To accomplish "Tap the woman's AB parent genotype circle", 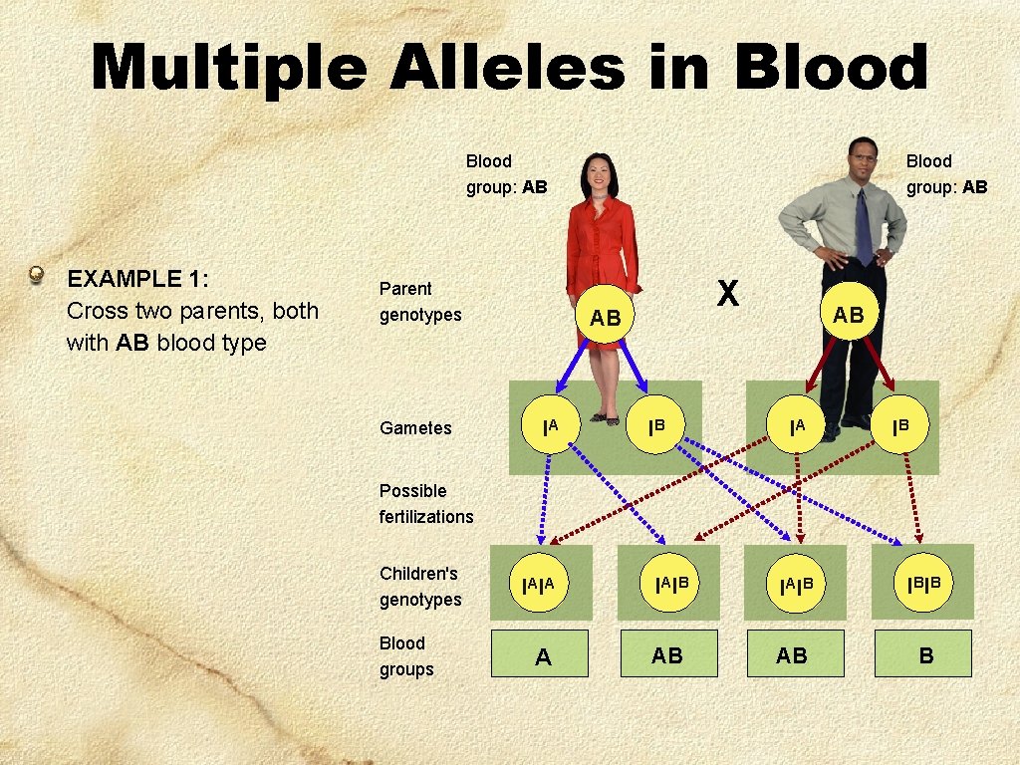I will tap(605, 318).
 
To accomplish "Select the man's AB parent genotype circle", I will tap(848, 315).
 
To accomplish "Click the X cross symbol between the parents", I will tap(728, 292).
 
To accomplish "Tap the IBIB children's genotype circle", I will tap(923, 582).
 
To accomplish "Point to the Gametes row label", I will tap(415, 428).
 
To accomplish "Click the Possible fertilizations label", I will tap(426, 504).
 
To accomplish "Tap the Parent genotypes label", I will tap(420, 302).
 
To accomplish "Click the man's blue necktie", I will tap(863, 227).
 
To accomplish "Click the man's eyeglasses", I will tap(864, 156).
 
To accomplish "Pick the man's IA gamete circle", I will tap(797, 427).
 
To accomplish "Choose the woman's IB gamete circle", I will tap(654, 427).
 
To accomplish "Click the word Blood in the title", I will tap(830, 68).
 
